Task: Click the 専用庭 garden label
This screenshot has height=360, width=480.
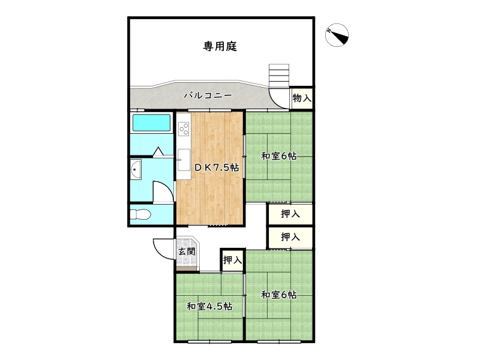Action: click(x=220, y=46)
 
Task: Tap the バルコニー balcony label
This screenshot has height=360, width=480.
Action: click(x=207, y=95)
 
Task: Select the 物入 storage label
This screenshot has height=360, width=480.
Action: click(x=302, y=98)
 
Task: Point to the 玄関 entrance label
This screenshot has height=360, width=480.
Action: click(x=186, y=251)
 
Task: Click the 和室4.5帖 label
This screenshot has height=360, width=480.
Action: click(x=209, y=306)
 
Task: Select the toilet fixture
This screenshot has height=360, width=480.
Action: click(x=142, y=215)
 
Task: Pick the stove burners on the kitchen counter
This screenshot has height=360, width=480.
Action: click(x=183, y=128)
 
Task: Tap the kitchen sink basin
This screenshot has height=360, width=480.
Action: click(x=183, y=159)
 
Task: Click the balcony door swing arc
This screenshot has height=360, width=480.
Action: click(x=278, y=97)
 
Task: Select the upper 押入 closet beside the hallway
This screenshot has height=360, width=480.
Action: click(x=290, y=214)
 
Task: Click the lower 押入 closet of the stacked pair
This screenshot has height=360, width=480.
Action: click(x=290, y=237)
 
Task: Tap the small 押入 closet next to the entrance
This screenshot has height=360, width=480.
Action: click(x=232, y=260)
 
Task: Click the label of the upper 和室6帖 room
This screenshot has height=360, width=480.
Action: click(x=278, y=156)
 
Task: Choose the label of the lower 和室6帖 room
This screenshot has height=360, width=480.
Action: click(x=278, y=295)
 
